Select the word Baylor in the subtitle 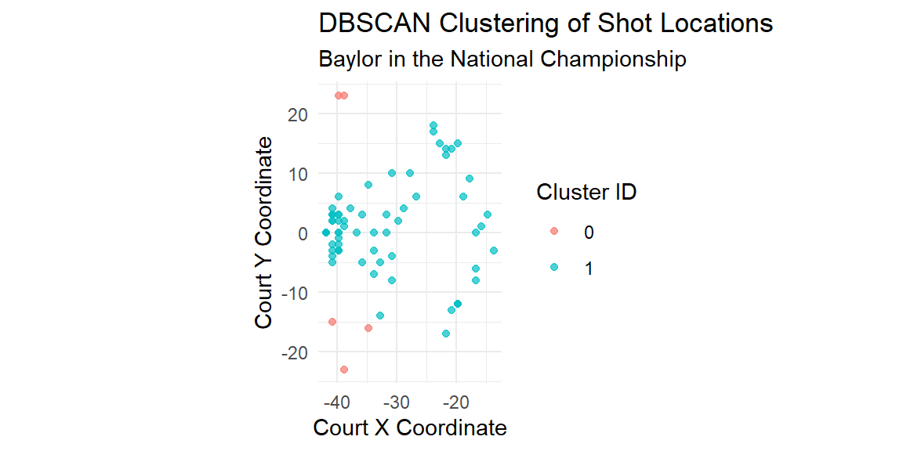pyautogui.click(x=344, y=60)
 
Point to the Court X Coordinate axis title pyautogui.click(x=409, y=428)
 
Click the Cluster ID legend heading pyautogui.click(x=586, y=193)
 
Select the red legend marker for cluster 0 pyautogui.click(x=554, y=231)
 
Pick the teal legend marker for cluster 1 pyautogui.click(x=554, y=267)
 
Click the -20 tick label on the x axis pyautogui.click(x=455, y=399)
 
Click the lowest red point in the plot pyautogui.click(x=344, y=370)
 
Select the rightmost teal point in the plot pyautogui.click(x=494, y=251)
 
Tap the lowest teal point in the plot pyautogui.click(x=446, y=334)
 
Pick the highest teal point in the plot pyautogui.click(x=433, y=125)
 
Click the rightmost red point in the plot pyautogui.click(x=368, y=328)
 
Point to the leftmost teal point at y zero pyautogui.click(x=326, y=233)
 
